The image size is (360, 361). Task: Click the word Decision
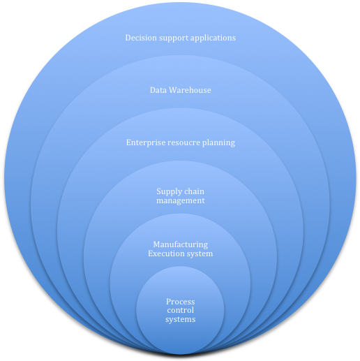click(x=142, y=38)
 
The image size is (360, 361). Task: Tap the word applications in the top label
click(x=211, y=38)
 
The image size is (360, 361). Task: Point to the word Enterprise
click(x=147, y=142)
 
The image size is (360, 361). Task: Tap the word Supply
click(x=170, y=191)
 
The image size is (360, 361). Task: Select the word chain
click(x=195, y=191)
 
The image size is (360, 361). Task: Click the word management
click(x=180, y=200)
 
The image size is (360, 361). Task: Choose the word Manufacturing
click(x=180, y=244)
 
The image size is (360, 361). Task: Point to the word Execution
click(x=167, y=253)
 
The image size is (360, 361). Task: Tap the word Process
click(x=180, y=302)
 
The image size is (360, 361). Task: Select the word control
click(x=180, y=311)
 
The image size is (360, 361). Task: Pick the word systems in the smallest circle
click(x=180, y=320)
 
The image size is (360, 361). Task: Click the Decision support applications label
click(x=180, y=38)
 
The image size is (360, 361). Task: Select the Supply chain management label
click(x=180, y=196)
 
